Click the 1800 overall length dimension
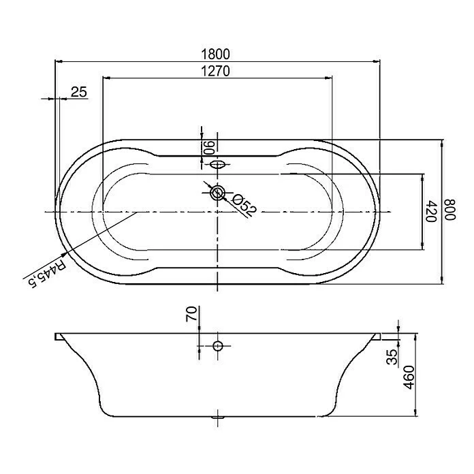tap(217, 54)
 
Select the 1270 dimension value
tap(217, 70)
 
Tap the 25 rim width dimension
tap(79, 92)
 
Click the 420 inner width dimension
tap(430, 211)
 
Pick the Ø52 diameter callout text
tap(243, 204)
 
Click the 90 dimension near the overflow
tap(210, 146)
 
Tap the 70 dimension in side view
tap(192, 314)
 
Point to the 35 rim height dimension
tap(392, 358)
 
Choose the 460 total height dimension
tap(409, 376)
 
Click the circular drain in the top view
tap(217, 193)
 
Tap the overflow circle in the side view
tap(217, 346)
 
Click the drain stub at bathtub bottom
tap(217, 416)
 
